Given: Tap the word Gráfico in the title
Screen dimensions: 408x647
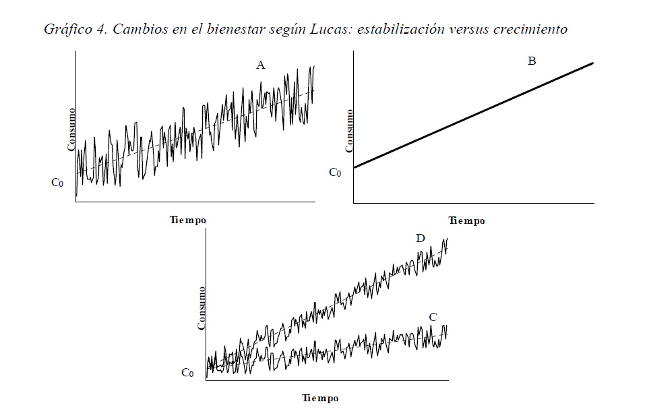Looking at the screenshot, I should click(65, 30).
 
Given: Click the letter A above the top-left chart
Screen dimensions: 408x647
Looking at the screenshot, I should click(261, 65).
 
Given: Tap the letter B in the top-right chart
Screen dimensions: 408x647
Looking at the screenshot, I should click(532, 61).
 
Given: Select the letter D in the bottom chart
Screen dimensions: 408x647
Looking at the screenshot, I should click(421, 238).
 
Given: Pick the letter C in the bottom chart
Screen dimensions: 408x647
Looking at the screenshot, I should click(433, 317).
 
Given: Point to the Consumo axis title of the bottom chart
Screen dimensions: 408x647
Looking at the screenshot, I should click(201, 308).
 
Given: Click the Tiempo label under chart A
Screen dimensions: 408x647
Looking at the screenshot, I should click(188, 220).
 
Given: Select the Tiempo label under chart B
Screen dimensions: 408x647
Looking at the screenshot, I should click(466, 221).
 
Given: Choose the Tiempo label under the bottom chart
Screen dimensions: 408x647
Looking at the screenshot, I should click(320, 398).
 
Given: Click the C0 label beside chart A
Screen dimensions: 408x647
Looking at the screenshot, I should click(58, 182).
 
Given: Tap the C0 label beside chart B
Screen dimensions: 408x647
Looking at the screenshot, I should click(335, 172).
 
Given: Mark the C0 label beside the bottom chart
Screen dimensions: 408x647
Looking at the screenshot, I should click(188, 373).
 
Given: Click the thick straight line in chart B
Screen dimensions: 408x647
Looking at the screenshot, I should click(472, 115).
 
